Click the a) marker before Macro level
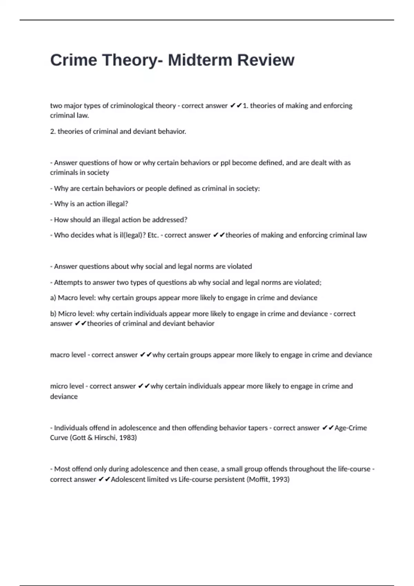(53, 298)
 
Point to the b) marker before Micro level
(53, 314)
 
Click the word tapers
(258, 428)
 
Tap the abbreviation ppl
(225, 163)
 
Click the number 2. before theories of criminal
(53, 131)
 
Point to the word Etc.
(153, 235)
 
